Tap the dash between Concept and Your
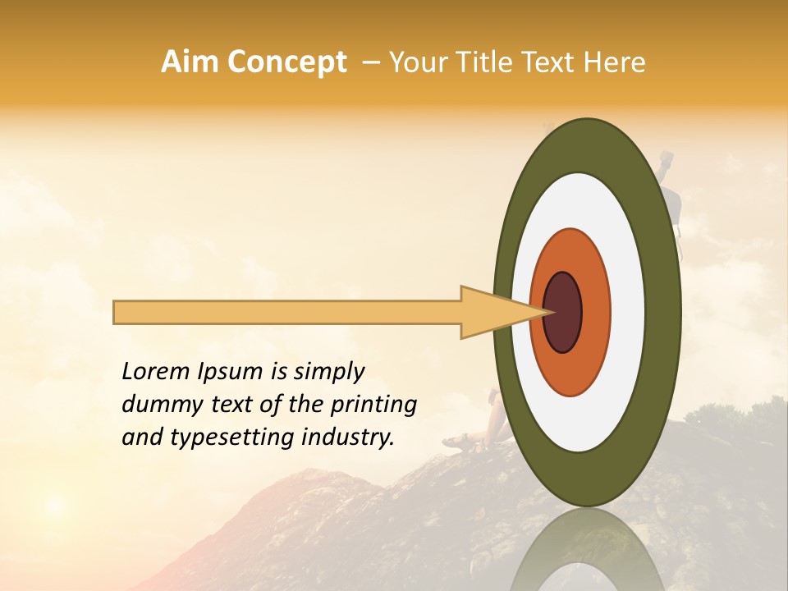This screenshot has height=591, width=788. coord(370,62)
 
